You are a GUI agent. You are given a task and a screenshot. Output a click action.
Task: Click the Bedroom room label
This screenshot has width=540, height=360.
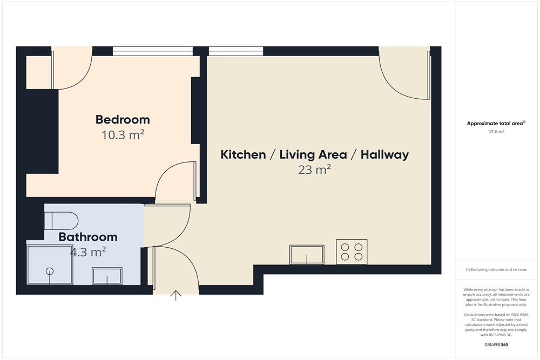[x=123, y=119]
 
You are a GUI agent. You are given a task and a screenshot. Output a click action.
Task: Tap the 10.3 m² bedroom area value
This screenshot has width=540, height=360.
[x=123, y=135]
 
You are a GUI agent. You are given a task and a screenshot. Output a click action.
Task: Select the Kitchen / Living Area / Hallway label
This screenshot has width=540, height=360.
[x=315, y=155]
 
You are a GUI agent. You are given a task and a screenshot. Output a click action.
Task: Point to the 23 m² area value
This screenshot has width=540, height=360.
[x=315, y=171]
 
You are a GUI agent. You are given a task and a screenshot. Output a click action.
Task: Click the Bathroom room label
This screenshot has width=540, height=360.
[x=88, y=237]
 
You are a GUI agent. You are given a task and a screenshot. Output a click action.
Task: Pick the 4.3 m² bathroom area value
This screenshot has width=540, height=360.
[x=88, y=251]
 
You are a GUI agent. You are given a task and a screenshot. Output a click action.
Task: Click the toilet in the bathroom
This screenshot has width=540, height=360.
[x=61, y=221]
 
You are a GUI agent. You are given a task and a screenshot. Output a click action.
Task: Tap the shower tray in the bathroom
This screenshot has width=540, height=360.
[x=50, y=266]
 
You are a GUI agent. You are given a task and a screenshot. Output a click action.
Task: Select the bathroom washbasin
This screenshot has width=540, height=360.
[x=107, y=276]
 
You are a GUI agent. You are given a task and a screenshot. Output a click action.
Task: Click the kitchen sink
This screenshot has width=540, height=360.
[x=307, y=255]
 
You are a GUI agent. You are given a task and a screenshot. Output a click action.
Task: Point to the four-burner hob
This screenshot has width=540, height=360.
[x=352, y=252]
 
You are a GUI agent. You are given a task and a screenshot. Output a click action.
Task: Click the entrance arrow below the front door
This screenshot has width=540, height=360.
[x=176, y=295]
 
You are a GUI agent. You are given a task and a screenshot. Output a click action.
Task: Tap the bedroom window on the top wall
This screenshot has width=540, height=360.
[x=153, y=51]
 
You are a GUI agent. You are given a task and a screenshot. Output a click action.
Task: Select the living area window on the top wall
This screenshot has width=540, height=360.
[x=236, y=51]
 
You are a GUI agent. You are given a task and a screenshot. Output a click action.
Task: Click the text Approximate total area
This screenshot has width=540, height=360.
[x=496, y=124]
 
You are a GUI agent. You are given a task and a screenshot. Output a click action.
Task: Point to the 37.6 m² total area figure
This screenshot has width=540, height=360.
[x=496, y=132]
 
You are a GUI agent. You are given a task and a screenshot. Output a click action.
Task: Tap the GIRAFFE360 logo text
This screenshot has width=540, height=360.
[x=496, y=344]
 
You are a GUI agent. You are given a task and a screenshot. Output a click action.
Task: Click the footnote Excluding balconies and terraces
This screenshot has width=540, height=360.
[x=496, y=269]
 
